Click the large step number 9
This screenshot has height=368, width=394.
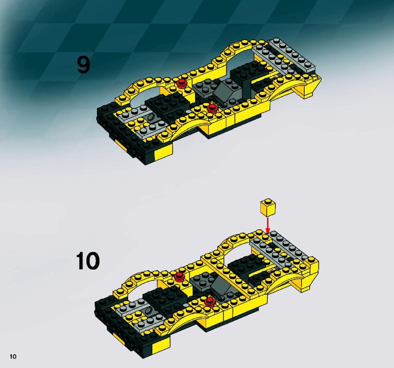tap(83, 65)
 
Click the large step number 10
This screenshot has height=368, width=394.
tap(87, 261)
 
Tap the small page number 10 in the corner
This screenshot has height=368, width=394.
tap(13, 357)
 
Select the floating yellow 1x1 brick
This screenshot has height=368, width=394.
tap(268, 207)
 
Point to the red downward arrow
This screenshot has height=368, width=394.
tap(268, 225)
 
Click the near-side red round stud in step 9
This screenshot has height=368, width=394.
tap(212, 108)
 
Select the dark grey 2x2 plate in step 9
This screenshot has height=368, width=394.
tap(204, 87)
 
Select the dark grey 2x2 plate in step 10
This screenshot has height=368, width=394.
tap(201, 281)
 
